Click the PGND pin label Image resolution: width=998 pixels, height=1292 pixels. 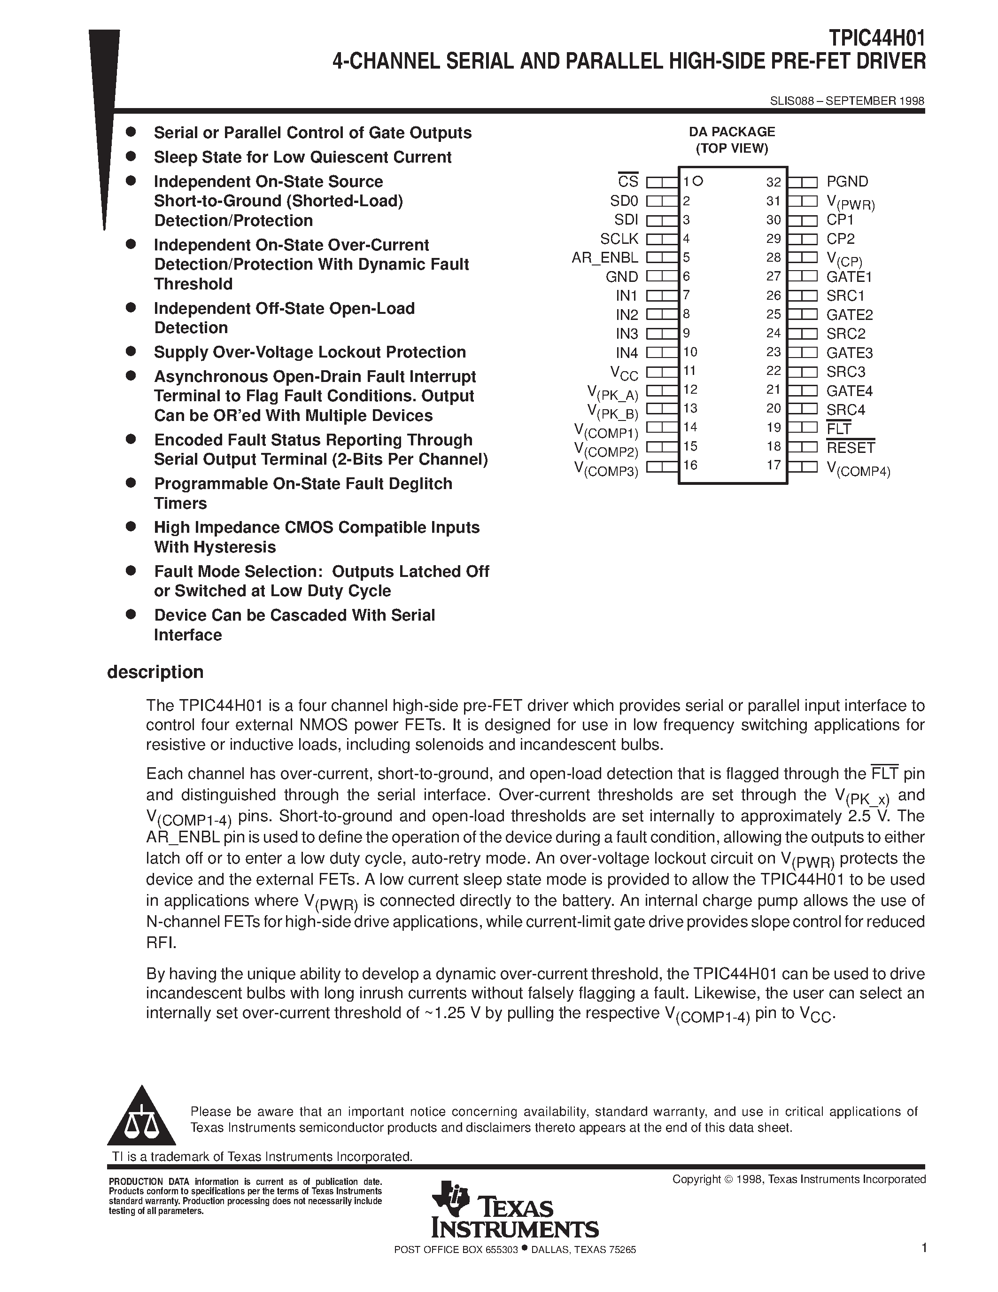tap(847, 182)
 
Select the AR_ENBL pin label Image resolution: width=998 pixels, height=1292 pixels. tap(605, 258)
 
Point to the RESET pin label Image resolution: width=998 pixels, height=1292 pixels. tap(850, 448)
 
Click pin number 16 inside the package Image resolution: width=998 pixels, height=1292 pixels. tap(690, 465)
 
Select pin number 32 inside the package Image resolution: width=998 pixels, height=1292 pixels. tap(774, 182)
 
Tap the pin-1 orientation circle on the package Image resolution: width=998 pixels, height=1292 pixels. tap(697, 181)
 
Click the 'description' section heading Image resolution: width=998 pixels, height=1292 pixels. tap(155, 672)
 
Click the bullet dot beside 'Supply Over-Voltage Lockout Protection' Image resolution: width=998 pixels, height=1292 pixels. tap(131, 351)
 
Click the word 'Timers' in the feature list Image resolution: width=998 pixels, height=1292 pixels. tap(180, 504)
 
